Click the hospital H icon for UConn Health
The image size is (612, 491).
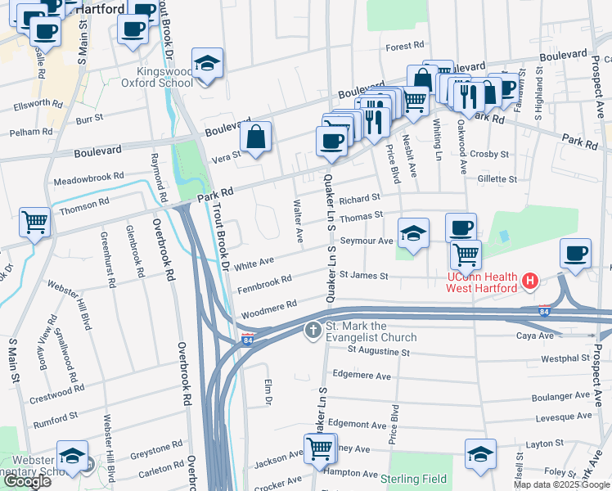529,282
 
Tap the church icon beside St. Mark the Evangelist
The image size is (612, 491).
312,331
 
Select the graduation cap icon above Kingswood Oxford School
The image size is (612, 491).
208,63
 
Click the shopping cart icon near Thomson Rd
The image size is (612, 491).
35,221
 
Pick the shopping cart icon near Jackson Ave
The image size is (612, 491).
318,448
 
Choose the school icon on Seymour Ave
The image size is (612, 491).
413,234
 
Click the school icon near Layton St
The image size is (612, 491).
480,454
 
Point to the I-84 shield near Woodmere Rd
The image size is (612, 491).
246,339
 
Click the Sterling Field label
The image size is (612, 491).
412,476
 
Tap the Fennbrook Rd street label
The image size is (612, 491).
264,284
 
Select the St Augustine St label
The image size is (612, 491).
378,351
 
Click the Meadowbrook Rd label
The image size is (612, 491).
88,178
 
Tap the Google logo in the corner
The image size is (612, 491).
28,481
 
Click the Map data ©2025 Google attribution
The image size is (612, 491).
560,484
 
